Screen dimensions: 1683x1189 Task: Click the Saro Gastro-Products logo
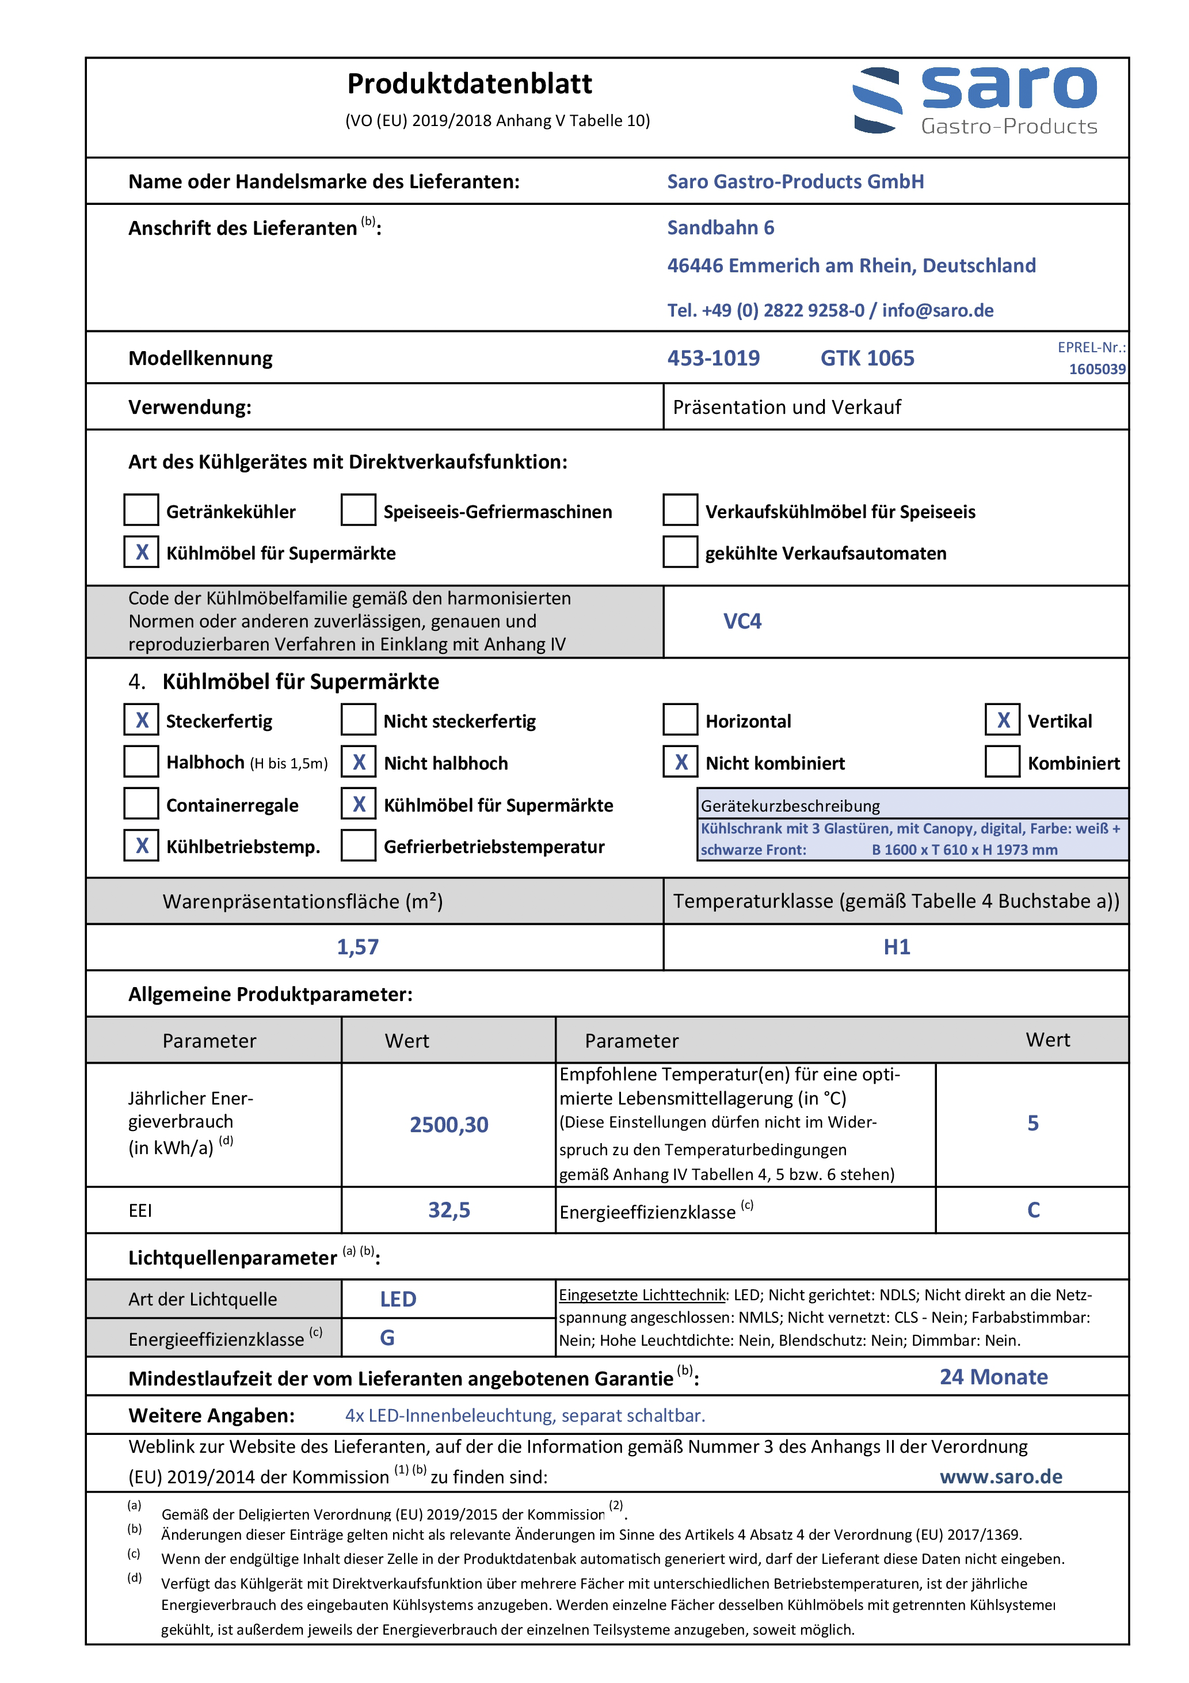(x=975, y=100)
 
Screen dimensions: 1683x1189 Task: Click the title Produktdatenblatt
(x=469, y=84)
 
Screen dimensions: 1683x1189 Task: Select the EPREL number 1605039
(x=1097, y=369)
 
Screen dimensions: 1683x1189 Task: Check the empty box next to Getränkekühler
(x=142, y=510)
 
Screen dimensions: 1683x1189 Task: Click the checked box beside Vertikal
(x=1003, y=720)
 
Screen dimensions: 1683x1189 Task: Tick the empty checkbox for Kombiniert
(x=1003, y=761)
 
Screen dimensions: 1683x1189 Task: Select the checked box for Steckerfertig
(x=142, y=720)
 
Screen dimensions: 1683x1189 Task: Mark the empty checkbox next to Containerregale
(x=142, y=804)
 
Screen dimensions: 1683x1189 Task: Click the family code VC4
(x=742, y=621)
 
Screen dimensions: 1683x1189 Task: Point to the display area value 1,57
(x=358, y=946)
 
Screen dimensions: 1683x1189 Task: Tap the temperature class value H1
(x=897, y=946)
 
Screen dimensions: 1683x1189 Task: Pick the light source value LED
(x=398, y=1299)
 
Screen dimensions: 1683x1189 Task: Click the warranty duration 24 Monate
(x=993, y=1377)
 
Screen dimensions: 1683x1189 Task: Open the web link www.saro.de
(x=1001, y=1476)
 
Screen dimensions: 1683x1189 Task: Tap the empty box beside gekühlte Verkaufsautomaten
(x=680, y=552)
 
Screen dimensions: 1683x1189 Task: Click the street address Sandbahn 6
(x=720, y=228)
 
